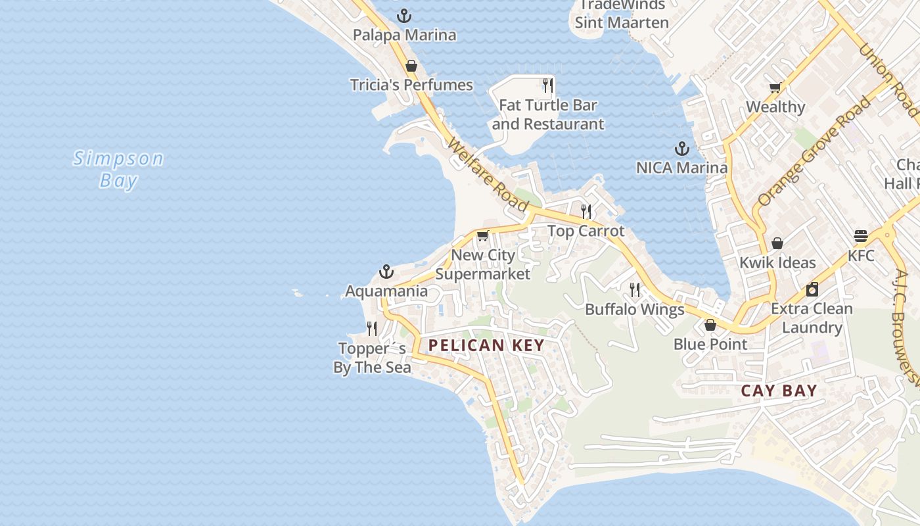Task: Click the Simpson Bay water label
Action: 118,169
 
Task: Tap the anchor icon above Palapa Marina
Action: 404,15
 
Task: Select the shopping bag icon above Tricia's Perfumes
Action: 411,66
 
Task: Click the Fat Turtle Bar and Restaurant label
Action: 547,114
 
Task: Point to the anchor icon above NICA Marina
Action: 681,149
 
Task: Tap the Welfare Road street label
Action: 488,175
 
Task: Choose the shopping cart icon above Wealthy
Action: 775,87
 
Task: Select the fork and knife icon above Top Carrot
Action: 586,211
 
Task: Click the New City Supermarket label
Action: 483,264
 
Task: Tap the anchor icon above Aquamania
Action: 386,272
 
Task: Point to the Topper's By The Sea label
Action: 372,358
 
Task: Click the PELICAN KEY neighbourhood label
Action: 486,345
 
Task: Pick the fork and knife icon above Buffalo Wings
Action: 635,290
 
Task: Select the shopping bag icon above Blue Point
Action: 710,325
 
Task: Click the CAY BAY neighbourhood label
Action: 779,391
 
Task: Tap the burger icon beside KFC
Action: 861,236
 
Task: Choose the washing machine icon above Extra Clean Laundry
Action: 812,289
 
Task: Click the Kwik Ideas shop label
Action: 777,263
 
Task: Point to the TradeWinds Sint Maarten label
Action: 622,14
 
